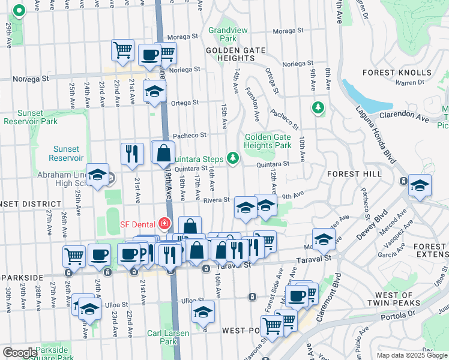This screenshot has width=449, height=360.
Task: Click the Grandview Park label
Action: pos(223,36)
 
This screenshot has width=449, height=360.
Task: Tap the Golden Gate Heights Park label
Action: pos(268,141)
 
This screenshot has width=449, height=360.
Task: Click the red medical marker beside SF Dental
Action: pos(164,224)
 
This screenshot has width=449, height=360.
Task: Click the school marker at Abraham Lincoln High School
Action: pos(97,175)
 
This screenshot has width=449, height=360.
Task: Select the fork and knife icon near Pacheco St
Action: pos(132,154)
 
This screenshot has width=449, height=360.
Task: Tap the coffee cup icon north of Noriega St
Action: pos(149,55)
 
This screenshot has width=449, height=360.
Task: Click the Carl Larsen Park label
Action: pos(168,337)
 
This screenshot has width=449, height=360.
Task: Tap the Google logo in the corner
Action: pos(20,353)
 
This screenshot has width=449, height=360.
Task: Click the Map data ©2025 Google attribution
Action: pos(411,355)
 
